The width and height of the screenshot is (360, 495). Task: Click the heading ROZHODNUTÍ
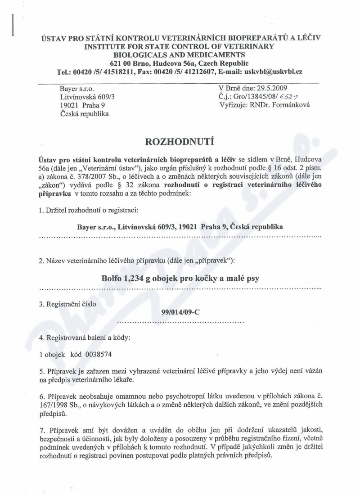click(x=180, y=143)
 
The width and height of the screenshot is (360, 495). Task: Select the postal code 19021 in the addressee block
click(x=70, y=105)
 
